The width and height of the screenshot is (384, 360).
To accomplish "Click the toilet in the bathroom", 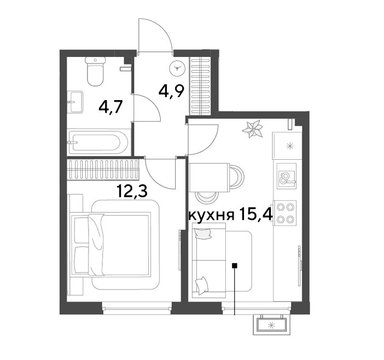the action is [x=95, y=71].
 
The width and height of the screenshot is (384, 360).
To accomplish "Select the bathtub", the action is [x=98, y=143].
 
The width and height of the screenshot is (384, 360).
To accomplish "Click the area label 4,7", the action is [x=110, y=107].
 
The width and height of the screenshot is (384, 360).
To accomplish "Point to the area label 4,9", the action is [x=171, y=91].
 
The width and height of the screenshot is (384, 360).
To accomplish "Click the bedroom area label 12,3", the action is [x=132, y=191].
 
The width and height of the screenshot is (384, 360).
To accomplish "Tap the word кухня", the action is [x=211, y=216].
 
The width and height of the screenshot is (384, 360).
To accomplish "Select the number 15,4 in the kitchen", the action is [x=256, y=214].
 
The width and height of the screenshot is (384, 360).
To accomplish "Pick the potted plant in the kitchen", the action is [x=252, y=129].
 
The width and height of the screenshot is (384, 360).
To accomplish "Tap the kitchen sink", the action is [x=287, y=176].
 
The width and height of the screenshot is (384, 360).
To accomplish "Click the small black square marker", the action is [x=235, y=265].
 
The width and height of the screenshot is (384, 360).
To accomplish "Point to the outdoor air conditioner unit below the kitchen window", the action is [x=272, y=325].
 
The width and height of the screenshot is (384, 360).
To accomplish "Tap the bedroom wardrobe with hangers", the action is [x=103, y=170].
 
